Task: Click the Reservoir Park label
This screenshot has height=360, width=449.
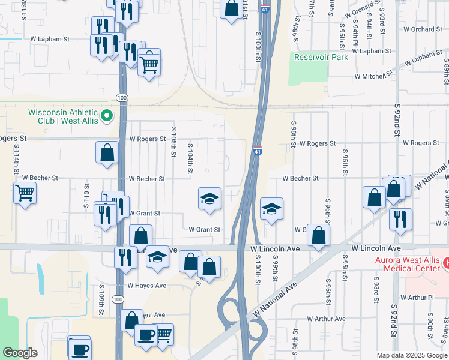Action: tap(321, 58)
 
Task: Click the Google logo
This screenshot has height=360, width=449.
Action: tap(20, 353)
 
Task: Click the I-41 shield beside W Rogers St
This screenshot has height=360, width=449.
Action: tap(257, 151)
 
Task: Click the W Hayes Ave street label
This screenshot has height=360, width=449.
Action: tap(148, 286)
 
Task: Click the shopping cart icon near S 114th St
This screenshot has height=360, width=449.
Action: tap(25, 193)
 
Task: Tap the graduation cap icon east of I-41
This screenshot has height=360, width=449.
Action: tap(271, 209)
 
